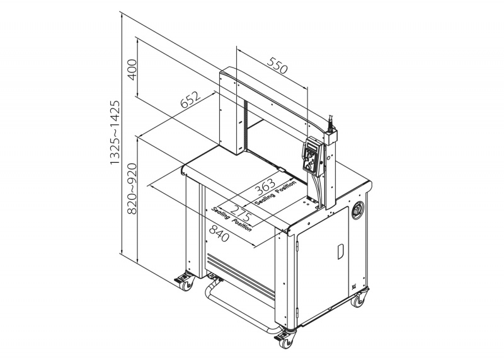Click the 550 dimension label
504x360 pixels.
[277, 66]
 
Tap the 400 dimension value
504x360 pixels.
[132, 69]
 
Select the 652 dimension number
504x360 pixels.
[190, 100]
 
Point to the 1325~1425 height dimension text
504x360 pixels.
[115, 132]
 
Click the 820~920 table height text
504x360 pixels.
[132, 189]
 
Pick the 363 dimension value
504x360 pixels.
[265, 187]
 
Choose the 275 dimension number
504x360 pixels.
[241, 212]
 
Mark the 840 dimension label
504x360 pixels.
[219, 233]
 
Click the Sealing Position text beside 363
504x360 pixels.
[275, 193]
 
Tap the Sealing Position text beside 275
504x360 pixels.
[231, 219]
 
